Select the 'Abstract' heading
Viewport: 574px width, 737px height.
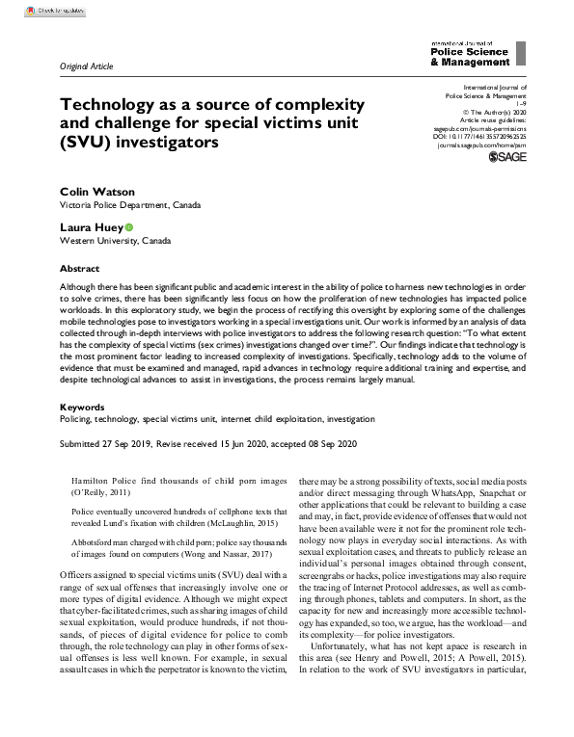79,269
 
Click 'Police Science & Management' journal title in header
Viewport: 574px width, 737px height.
470,57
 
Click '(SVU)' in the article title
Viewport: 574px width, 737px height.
82,142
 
